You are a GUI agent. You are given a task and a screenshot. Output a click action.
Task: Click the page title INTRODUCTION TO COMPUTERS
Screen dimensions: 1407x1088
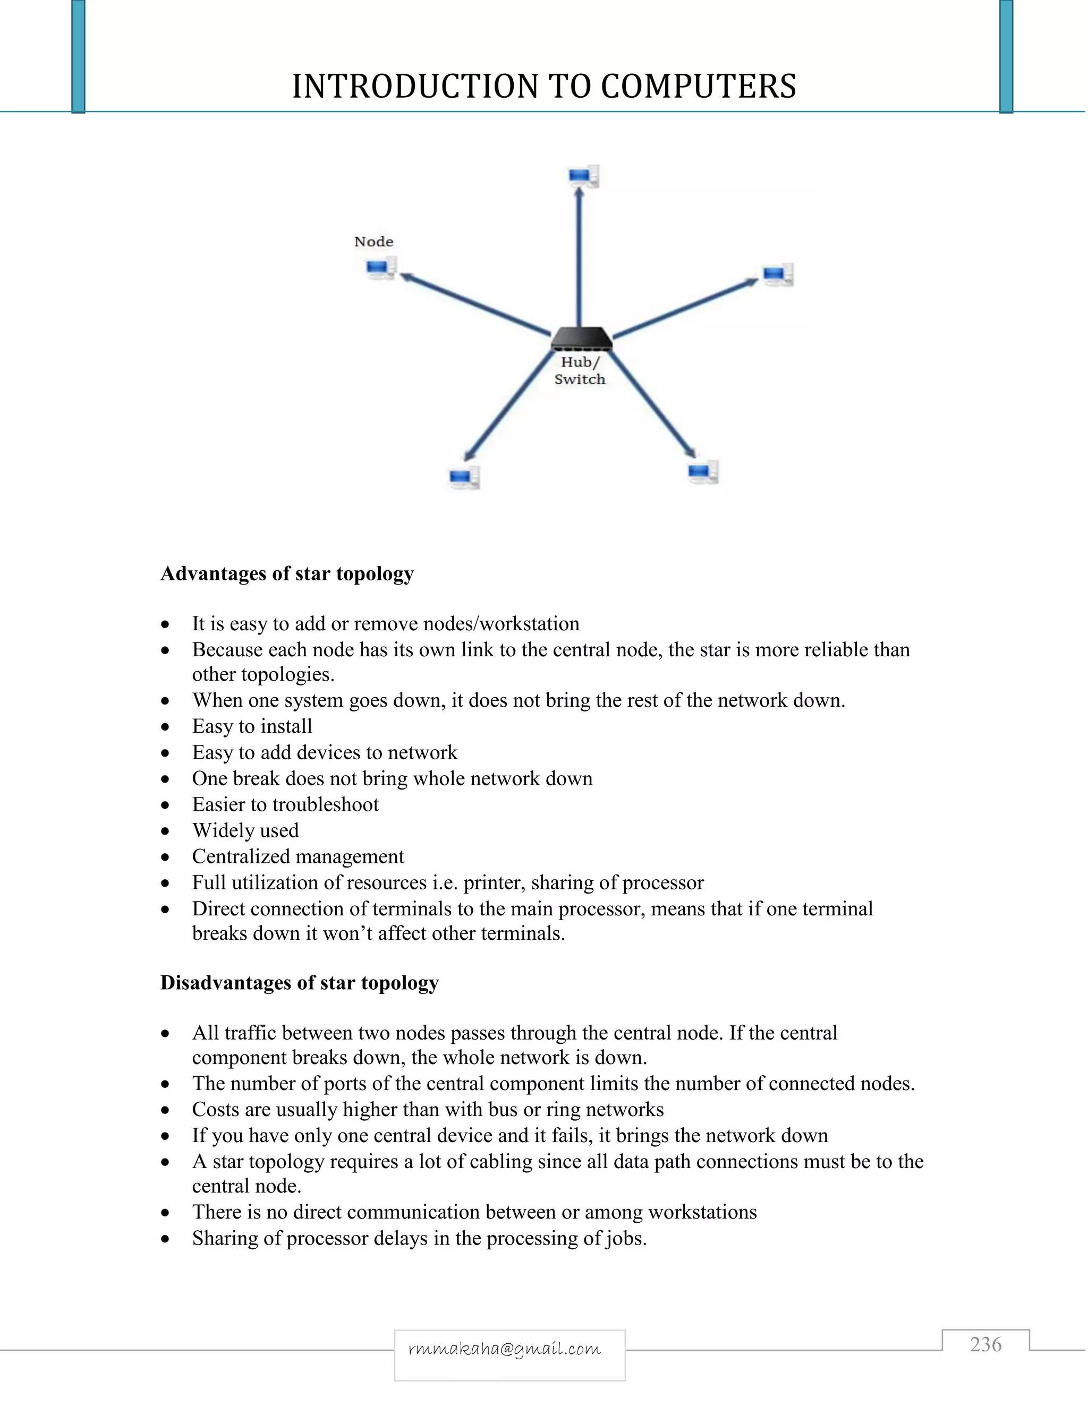[x=544, y=87]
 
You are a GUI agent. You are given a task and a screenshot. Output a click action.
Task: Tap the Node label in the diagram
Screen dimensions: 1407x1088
[x=374, y=242]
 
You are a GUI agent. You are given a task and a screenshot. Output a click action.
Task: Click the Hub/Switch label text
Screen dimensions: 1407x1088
[x=580, y=371]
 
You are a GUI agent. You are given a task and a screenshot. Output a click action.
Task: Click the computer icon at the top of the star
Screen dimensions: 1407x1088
[x=584, y=176]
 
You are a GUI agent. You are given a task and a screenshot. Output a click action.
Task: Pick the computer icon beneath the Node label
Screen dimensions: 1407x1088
[x=381, y=268]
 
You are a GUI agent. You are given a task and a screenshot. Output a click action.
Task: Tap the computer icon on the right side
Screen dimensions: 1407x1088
[x=777, y=274]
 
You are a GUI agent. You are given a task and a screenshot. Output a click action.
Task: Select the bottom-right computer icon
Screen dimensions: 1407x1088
[x=702, y=471]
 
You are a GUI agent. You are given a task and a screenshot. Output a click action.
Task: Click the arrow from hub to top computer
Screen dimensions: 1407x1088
[x=580, y=258]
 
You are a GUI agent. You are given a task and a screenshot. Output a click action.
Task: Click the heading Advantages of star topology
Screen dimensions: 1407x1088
[x=287, y=573]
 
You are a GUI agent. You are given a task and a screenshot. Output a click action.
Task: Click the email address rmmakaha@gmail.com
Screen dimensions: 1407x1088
[x=505, y=1349]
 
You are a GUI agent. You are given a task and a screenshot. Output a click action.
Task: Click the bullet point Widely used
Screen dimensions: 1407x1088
[x=245, y=830]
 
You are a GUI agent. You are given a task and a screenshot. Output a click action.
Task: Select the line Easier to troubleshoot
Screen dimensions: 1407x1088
[x=285, y=804]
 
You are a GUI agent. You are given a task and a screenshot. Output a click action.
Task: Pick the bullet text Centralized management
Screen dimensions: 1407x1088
[x=299, y=856]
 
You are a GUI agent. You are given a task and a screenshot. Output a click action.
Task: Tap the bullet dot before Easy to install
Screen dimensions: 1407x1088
[x=166, y=727]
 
